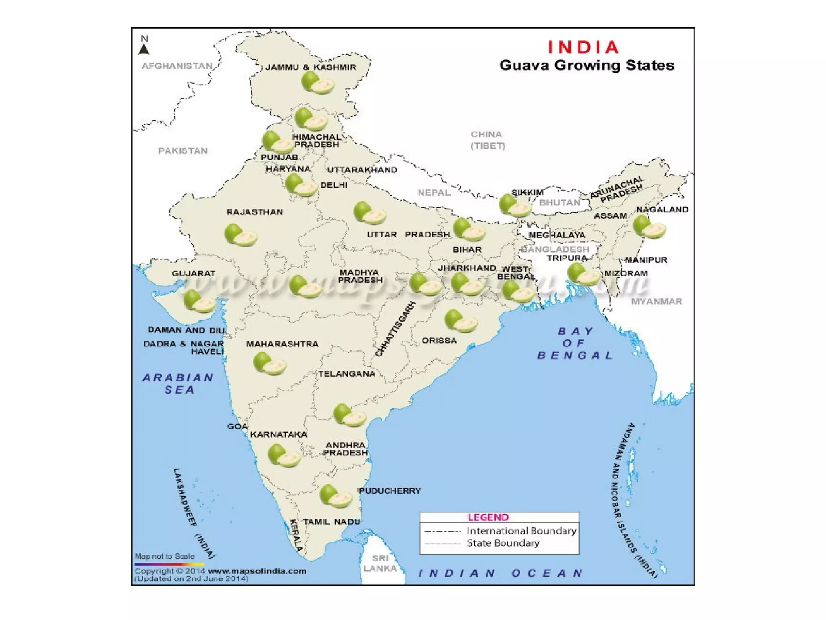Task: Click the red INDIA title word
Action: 583,47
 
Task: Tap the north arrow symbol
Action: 144,49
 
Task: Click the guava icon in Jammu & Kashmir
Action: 317,83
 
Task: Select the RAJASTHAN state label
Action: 254,212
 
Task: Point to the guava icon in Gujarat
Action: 200,301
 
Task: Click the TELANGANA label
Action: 347,374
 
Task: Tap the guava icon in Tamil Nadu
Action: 335,496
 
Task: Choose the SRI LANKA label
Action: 380,563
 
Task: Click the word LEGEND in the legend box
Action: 488,517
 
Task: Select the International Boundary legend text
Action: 521,531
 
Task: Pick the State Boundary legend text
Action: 503,543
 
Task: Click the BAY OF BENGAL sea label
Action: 575,343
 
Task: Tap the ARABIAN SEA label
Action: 178,383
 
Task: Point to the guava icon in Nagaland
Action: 649,227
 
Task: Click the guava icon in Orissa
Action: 461,321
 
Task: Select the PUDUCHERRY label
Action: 390,491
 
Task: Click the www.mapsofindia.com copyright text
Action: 257,571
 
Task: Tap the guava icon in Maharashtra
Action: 269,363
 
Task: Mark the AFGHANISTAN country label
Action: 177,66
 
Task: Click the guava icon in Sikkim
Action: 515,205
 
